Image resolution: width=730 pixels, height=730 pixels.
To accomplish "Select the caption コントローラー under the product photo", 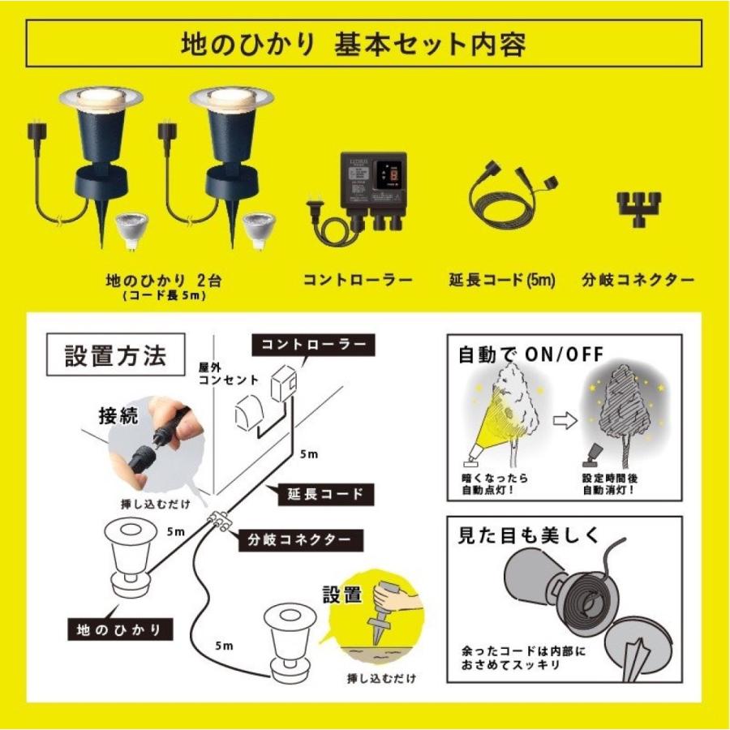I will pos(358,281).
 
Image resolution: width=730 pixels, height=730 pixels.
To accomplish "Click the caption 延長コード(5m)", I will pos(501,281).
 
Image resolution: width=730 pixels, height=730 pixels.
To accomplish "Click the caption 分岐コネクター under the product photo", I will pos(638,281).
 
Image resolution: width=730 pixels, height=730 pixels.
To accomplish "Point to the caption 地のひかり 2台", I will pos(165,280).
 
